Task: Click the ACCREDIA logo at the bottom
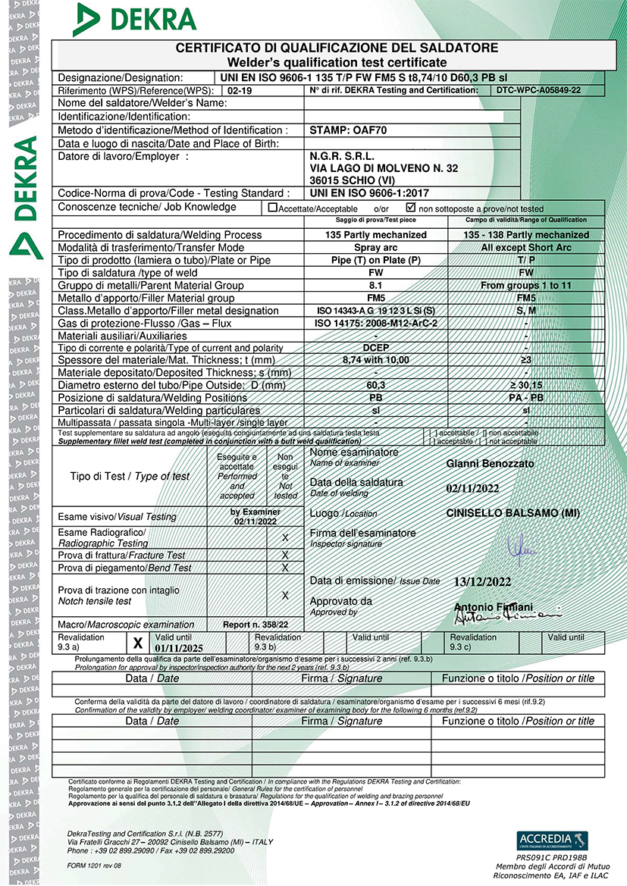(552, 840)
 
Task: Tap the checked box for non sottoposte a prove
(411, 207)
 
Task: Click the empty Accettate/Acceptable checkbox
(273, 208)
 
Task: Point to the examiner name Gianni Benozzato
(491, 463)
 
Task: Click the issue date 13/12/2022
(481, 582)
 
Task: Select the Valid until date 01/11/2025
(180, 648)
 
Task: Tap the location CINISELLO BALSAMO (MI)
(513, 513)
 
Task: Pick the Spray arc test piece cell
(375, 247)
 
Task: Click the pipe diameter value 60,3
(375, 385)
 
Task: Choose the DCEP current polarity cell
(375, 348)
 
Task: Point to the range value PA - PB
(525, 398)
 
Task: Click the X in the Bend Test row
(285, 568)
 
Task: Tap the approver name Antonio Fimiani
(493, 607)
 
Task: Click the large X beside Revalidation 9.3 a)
(138, 643)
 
